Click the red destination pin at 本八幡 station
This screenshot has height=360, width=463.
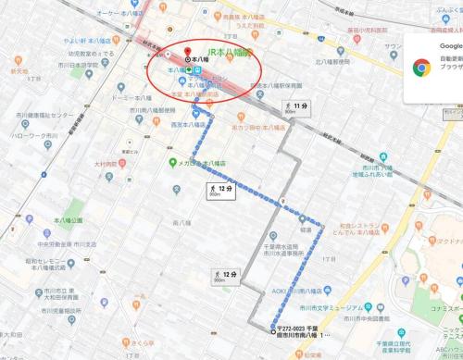coord(188,52)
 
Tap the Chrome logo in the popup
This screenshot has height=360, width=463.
coord(421,67)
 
